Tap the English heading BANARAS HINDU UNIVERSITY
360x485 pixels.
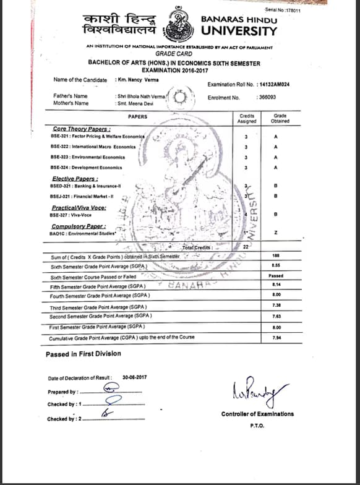click(239, 25)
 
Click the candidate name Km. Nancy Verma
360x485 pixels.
click(135, 80)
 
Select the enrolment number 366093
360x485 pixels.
click(266, 98)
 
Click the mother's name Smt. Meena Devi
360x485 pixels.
click(135, 103)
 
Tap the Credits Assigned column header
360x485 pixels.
click(246, 118)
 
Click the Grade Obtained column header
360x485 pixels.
click(275, 118)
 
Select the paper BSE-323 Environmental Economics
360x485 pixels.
click(86, 157)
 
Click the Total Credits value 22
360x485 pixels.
click(246, 246)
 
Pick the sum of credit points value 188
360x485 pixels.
click(275, 255)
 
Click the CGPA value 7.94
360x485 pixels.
click(275, 337)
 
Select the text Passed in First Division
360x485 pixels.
click(83, 354)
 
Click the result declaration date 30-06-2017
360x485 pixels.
click(133, 378)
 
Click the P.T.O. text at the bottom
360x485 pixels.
click(257, 426)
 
